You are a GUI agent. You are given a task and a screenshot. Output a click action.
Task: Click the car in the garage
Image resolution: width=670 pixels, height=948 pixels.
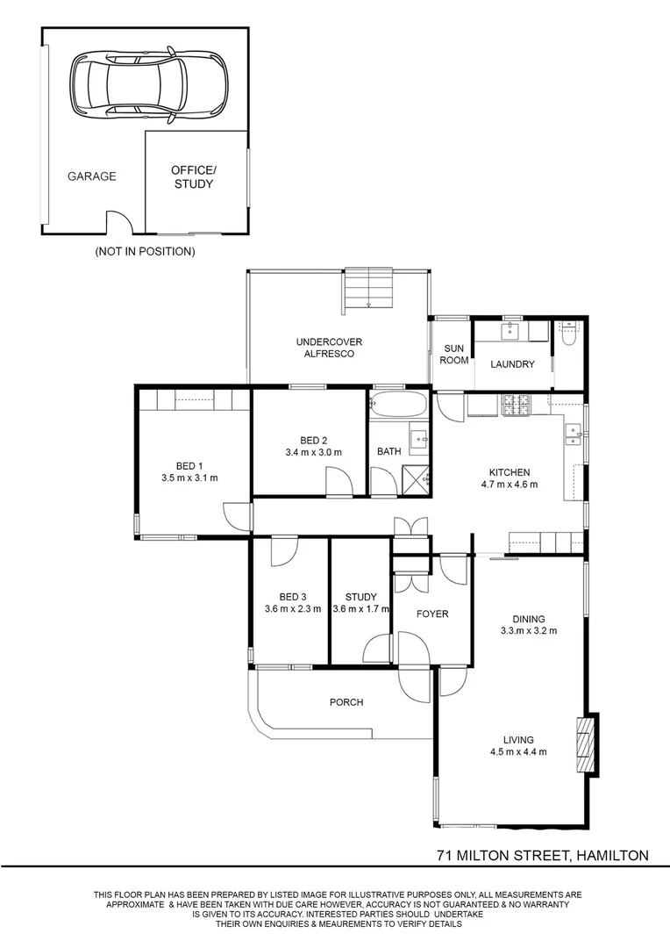point(149,83)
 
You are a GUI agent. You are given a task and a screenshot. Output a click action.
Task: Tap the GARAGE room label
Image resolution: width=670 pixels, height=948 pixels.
point(92,176)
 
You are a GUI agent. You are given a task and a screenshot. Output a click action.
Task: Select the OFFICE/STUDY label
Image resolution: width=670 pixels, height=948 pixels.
point(193,177)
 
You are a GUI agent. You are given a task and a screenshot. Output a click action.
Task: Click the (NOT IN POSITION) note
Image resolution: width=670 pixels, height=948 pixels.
point(145,252)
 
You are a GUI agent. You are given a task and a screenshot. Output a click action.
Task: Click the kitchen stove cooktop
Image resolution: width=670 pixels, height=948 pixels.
point(517,406)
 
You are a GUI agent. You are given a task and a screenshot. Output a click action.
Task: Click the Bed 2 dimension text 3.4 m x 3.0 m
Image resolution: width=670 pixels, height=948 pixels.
point(314,452)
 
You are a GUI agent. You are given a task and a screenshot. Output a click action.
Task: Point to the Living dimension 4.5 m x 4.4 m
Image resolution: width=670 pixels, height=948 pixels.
point(518,752)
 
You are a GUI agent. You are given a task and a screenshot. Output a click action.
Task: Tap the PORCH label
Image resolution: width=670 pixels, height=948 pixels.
point(346,702)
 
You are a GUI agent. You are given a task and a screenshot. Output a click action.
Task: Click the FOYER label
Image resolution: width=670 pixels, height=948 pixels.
point(432,614)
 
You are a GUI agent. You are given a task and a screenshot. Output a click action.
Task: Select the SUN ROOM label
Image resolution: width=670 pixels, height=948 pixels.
point(453,355)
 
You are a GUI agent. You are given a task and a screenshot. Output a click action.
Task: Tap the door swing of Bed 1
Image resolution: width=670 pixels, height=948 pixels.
point(238,517)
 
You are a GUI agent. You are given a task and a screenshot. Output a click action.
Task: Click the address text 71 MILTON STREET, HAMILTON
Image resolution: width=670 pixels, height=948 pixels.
point(543,856)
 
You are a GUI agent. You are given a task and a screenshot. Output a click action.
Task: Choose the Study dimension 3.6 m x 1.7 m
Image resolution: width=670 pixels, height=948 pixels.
point(360,609)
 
